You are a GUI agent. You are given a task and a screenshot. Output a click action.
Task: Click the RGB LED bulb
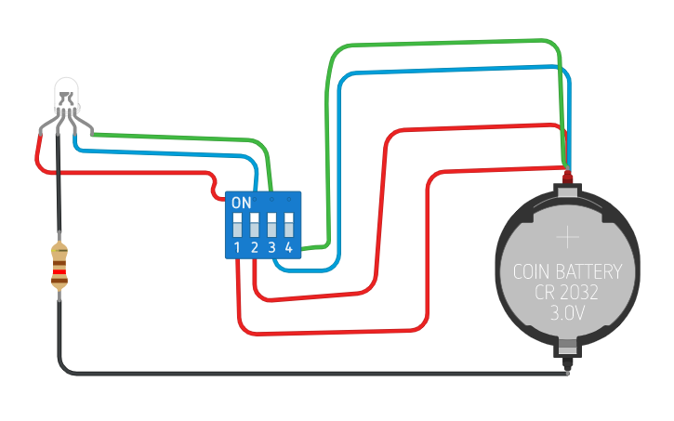click(x=67, y=96)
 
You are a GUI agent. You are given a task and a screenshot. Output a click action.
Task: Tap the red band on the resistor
click(x=59, y=271)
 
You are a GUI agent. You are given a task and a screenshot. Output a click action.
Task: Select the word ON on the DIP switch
click(x=241, y=203)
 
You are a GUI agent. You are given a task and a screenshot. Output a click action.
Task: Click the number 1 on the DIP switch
click(x=237, y=247)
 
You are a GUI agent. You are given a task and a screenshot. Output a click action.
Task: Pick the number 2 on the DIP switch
click(x=255, y=247)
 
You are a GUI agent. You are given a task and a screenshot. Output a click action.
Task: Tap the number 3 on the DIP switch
click(x=271, y=247)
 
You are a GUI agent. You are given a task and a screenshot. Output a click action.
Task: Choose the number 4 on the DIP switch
click(x=289, y=247)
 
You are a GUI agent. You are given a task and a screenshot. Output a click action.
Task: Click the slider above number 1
click(x=237, y=225)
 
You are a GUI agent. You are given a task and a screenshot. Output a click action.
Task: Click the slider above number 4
click(x=289, y=225)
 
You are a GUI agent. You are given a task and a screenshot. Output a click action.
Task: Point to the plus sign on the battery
click(x=567, y=237)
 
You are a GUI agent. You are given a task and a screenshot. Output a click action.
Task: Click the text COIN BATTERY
click(x=567, y=272)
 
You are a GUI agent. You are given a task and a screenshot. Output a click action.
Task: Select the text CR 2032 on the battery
click(x=566, y=293)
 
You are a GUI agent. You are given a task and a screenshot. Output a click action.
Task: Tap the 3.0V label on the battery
click(x=567, y=313)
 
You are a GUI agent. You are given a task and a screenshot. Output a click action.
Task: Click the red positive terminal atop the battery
click(x=568, y=177)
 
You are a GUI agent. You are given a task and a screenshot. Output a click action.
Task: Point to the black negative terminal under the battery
click(x=568, y=363)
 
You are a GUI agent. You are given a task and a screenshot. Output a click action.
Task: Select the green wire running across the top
click(x=443, y=42)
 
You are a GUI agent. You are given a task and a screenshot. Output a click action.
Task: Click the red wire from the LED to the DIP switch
click(x=129, y=173)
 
